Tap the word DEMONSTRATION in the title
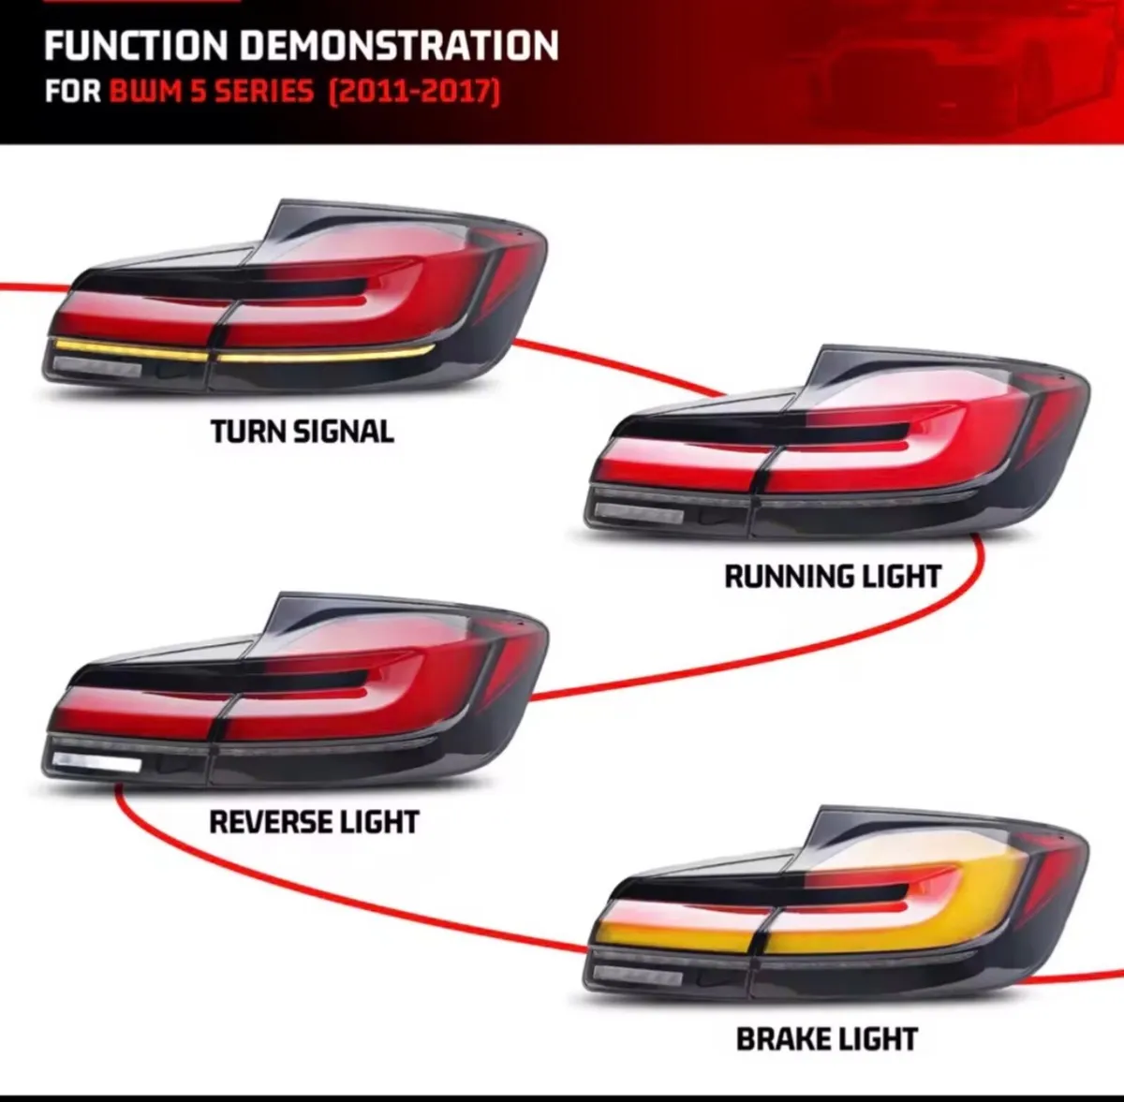click(400, 46)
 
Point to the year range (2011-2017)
click(414, 92)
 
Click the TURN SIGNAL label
click(303, 432)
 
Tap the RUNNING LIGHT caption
click(833, 577)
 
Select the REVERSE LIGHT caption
click(315, 822)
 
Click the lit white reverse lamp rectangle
click(96, 762)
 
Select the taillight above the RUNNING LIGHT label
click(837, 442)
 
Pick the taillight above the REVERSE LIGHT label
click(294, 691)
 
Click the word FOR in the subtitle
click(72, 92)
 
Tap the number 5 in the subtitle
click(200, 92)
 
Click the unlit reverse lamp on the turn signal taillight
click(96, 367)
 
